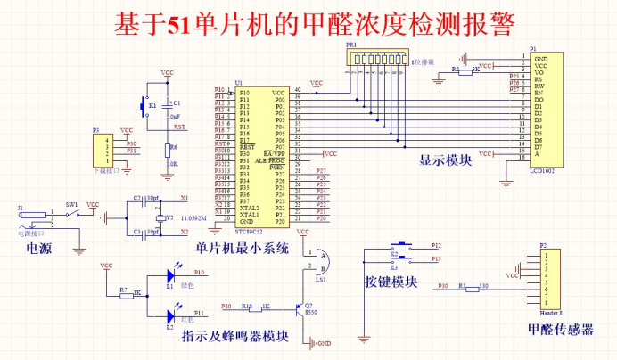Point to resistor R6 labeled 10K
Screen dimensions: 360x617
pos(167,148)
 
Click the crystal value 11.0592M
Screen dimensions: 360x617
pos(194,217)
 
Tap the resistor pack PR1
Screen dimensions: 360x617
pos(381,61)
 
